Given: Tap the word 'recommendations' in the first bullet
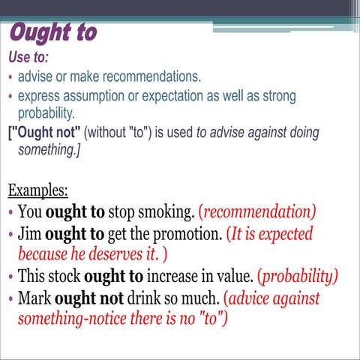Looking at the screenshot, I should click(151, 76).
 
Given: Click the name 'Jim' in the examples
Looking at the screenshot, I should click(29, 233).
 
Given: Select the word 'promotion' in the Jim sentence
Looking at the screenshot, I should click(185, 233).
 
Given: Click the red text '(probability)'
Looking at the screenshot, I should click(298, 276).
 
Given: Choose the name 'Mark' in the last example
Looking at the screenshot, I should click(34, 298).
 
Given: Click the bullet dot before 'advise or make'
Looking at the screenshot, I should click(9, 77).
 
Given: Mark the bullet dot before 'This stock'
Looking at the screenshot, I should click(9, 277).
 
